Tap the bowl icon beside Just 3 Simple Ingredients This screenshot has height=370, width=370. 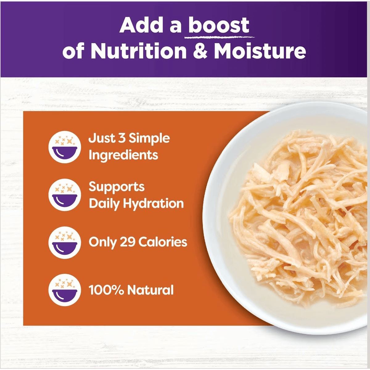click(65, 147)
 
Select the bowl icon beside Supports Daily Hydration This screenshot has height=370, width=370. click(65, 195)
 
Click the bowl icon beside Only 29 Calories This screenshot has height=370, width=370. click(65, 242)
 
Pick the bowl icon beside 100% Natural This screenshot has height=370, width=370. click(65, 290)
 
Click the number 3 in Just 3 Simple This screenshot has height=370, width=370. click(122, 138)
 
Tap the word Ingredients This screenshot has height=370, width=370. click(123, 155)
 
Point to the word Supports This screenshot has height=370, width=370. click(117, 187)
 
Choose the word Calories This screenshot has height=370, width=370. click(162, 242)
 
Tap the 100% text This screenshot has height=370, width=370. click(106, 290)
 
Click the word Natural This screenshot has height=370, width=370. click(150, 290)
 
